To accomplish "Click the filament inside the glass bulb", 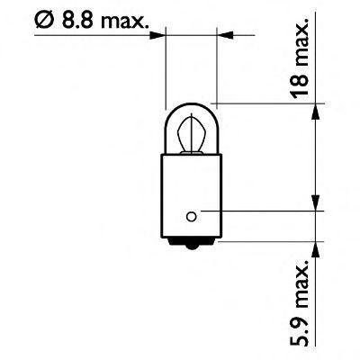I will (x=190, y=137).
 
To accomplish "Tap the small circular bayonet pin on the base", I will (x=191, y=214).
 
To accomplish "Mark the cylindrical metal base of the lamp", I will (x=190, y=193).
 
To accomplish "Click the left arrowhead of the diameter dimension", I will (x=160, y=35).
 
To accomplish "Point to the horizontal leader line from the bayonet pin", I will (x=261, y=214).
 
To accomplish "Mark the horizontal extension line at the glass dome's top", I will (x=270, y=103).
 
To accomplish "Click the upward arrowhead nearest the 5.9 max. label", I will (x=314, y=247).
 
